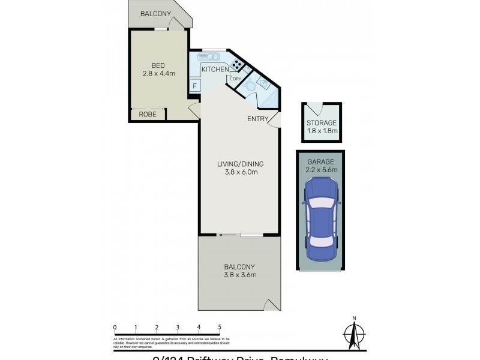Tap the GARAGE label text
click(322, 161)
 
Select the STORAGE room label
click(322, 123)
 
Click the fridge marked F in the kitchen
click(194, 86)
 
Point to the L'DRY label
click(236, 79)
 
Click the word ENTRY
click(257, 119)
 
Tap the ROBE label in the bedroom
click(148, 114)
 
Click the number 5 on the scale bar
click(220, 327)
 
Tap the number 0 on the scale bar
click(114, 327)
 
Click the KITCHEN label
click(214, 70)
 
